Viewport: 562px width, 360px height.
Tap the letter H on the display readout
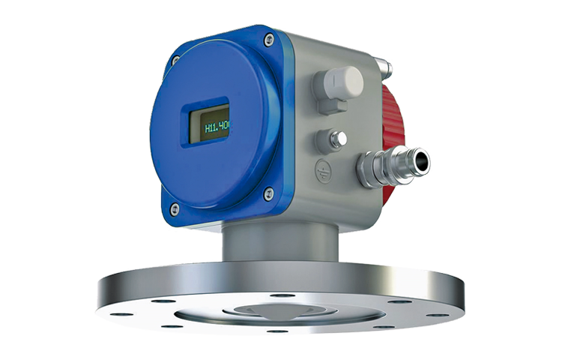208,129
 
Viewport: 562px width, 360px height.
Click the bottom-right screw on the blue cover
267,194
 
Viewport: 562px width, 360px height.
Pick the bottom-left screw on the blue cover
175,209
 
